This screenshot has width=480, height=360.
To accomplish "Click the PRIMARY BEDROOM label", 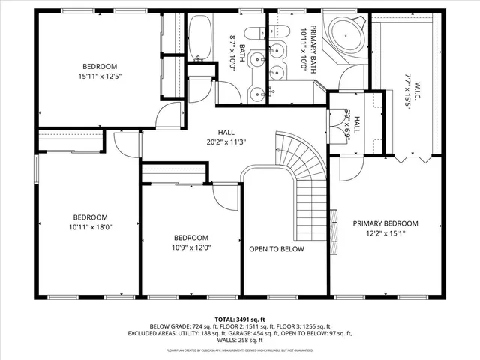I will (x=385, y=223).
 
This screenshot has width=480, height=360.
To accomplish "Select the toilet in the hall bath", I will (x=255, y=32).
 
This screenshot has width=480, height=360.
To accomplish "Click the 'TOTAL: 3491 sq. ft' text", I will (x=239, y=319).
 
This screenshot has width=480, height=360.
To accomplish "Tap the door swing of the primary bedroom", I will (x=350, y=168).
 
